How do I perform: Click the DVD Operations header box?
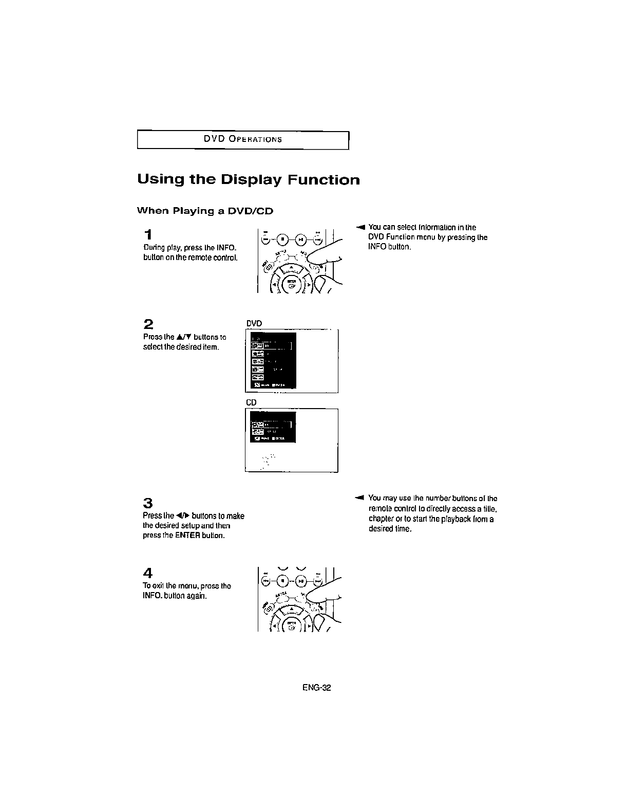point(243,140)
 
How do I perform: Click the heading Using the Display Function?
point(248,180)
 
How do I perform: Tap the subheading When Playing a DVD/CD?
point(204,211)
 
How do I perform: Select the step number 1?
point(148,235)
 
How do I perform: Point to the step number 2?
point(148,324)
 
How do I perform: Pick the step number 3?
point(148,503)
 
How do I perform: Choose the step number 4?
point(148,573)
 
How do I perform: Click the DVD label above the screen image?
point(254,323)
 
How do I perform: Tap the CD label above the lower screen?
point(251,402)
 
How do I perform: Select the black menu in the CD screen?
point(273,427)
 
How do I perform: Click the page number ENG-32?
point(317,688)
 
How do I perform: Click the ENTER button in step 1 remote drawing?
point(291,285)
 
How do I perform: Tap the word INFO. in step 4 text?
point(151,596)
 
